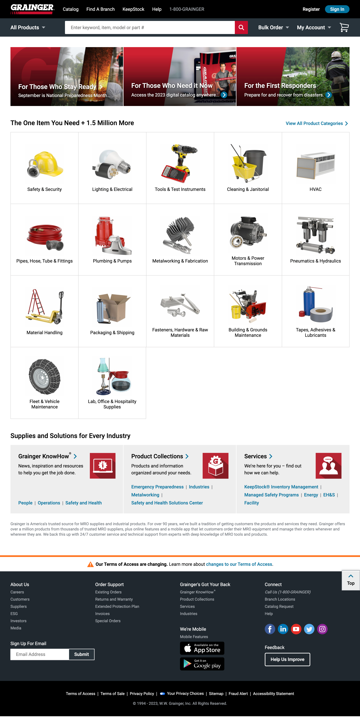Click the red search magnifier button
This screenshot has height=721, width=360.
(x=241, y=27)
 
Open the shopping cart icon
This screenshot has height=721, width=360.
(x=344, y=27)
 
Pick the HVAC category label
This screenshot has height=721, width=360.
(x=315, y=189)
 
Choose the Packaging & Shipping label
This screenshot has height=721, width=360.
(x=112, y=333)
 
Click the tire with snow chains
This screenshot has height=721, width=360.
(x=45, y=377)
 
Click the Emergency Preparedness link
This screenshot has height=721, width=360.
(x=157, y=487)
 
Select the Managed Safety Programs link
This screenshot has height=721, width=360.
(x=271, y=495)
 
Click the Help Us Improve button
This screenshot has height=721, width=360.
(x=287, y=659)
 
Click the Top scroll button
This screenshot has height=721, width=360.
(x=351, y=580)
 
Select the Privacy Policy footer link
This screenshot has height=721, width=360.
(x=142, y=694)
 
